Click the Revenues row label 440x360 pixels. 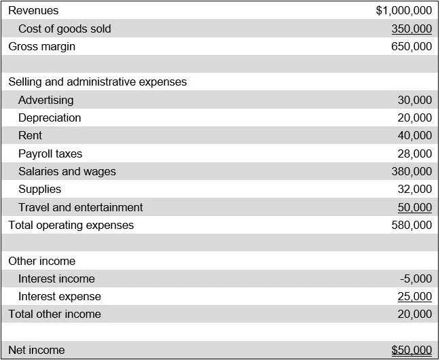(x=33, y=11)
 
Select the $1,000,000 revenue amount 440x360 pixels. (x=403, y=11)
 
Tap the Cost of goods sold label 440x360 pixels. (x=65, y=29)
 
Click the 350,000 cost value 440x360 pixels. (x=411, y=29)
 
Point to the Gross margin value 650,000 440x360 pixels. (x=411, y=47)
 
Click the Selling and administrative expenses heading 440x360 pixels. (x=97, y=82)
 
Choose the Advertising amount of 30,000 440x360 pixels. (x=414, y=100)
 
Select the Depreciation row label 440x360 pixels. (x=50, y=118)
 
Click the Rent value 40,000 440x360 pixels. (x=414, y=136)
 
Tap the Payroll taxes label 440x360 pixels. (x=50, y=154)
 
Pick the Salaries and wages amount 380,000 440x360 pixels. (x=411, y=172)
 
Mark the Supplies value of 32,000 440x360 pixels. (x=414, y=190)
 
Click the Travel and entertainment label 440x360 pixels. (x=81, y=208)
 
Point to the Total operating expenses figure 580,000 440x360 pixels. (x=411, y=225)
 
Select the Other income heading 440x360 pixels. (x=42, y=262)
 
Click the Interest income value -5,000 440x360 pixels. (x=416, y=279)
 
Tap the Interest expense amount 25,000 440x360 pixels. (x=414, y=297)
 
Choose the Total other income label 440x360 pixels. (x=54, y=314)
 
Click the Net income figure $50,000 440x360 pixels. (x=411, y=350)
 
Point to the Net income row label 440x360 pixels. (x=37, y=350)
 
